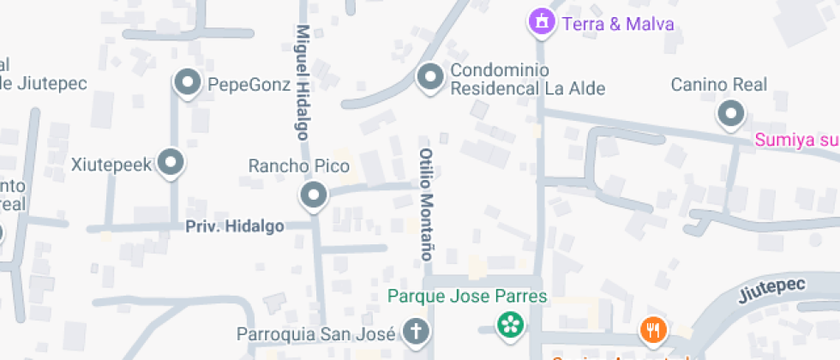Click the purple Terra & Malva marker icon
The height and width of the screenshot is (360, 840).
click(540, 23)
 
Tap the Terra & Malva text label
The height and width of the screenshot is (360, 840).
click(617, 23)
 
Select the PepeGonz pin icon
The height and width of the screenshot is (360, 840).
click(186, 83)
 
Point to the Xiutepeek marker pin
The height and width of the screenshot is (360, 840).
click(171, 163)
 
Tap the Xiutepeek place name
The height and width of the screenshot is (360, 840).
click(111, 164)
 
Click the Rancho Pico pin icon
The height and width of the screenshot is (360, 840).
click(313, 196)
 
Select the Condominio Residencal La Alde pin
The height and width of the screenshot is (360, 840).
click(429, 78)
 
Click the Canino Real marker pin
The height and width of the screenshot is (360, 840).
click(730, 113)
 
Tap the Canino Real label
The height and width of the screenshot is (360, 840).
click(718, 85)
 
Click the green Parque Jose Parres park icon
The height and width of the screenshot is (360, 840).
click(510, 324)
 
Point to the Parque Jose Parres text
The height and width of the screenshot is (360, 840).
click(467, 297)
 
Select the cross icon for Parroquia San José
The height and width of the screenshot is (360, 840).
click(415, 331)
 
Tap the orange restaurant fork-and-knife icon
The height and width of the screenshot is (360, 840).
click(653, 329)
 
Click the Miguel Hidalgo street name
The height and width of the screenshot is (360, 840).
click(302, 81)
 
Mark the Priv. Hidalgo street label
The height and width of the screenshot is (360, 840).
click(235, 225)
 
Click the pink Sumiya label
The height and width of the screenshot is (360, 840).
click(796, 140)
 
